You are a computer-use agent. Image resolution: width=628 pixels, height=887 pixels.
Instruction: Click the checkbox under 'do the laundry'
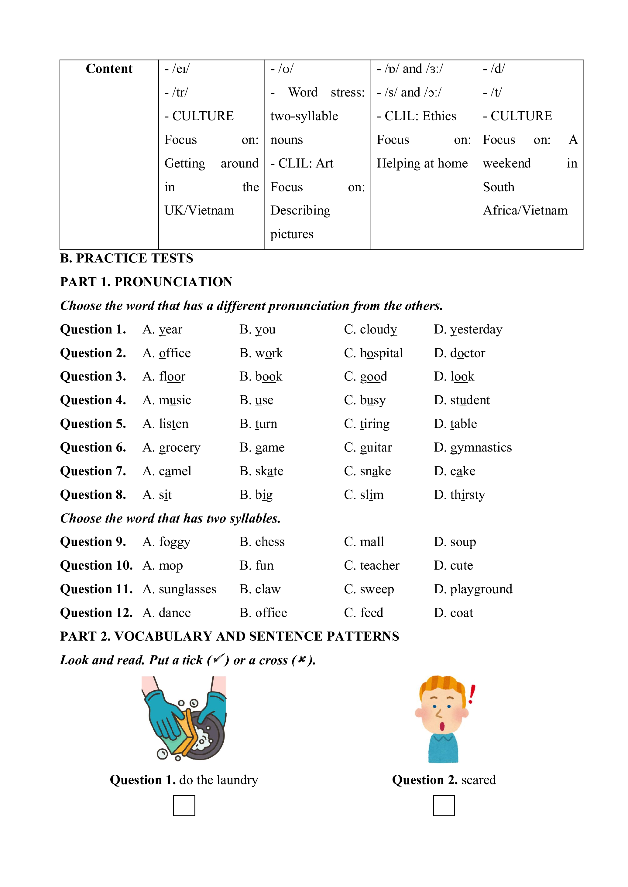184,805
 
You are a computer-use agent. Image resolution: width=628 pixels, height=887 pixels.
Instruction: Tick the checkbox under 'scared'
444,805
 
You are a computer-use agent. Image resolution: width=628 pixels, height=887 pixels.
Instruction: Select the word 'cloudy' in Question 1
378,329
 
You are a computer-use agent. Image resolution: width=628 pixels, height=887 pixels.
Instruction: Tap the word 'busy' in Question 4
373,400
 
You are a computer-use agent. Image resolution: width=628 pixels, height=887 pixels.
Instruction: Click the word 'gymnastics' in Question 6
481,447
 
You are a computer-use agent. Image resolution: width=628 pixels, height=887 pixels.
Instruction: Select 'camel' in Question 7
175,471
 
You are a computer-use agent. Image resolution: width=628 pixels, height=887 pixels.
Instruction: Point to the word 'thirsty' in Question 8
467,495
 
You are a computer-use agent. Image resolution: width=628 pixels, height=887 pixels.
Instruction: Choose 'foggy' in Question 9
174,542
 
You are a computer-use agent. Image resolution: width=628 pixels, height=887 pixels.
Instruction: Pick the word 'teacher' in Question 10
379,566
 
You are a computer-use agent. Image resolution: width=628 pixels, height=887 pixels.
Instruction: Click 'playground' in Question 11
481,589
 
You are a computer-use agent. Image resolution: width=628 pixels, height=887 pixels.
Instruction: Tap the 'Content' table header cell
109,69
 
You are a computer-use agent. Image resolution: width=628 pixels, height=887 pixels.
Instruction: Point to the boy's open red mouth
442,726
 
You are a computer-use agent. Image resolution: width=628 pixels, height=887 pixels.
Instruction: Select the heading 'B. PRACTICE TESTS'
126,258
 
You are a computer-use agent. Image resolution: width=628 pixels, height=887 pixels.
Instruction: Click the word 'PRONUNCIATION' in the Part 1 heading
173,282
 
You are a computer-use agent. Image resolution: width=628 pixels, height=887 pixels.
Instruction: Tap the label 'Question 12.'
96,613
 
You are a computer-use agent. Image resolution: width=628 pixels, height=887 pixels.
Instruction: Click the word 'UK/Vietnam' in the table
199,211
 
